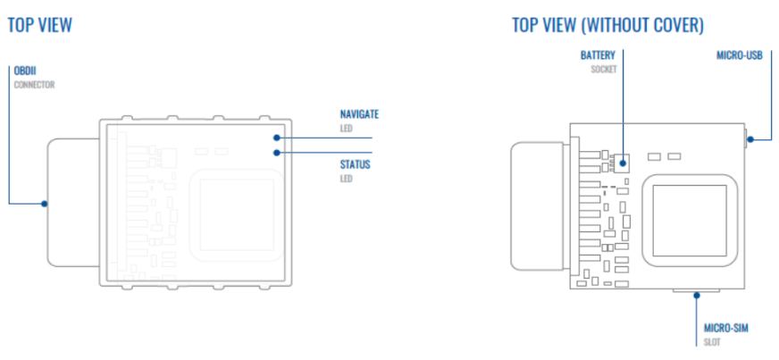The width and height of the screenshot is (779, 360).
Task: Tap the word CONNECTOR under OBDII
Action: click(34, 85)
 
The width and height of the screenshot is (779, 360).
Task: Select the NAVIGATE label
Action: click(359, 114)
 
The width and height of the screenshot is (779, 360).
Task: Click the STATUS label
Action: click(355, 163)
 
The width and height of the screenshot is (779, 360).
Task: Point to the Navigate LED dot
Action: click(277, 138)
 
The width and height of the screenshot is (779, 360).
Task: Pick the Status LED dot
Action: click(277, 153)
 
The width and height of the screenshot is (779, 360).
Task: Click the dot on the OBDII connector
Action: click(44, 203)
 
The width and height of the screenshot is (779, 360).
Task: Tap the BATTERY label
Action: click(599, 54)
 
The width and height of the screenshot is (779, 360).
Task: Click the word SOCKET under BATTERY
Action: click(604, 69)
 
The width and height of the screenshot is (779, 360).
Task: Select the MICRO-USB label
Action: click(740, 54)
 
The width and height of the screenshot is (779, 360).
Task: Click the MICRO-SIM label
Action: click(725, 328)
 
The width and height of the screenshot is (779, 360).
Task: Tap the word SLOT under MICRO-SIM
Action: click(712, 343)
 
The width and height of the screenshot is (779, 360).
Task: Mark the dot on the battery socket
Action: click(623, 162)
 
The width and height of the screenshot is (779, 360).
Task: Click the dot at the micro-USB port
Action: click(750, 139)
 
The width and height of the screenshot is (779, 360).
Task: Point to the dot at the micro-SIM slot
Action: click(697, 295)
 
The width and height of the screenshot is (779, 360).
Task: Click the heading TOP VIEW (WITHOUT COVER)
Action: click(607, 25)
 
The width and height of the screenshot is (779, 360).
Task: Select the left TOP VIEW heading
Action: click(40, 25)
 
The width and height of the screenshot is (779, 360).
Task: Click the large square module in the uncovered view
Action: click(687, 220)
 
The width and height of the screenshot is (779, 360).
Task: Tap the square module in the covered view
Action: click(237, 214)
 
